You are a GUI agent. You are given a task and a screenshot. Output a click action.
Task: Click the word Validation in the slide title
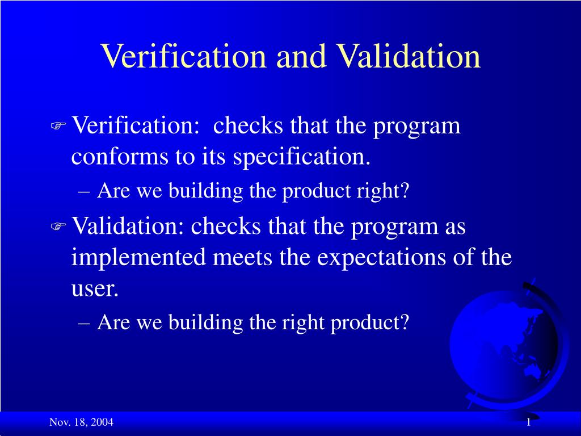point(408,56)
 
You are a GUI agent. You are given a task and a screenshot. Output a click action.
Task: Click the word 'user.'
point(95,289)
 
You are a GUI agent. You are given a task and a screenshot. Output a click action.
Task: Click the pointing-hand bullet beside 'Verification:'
point(58,126)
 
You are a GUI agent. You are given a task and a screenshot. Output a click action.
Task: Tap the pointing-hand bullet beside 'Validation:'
point(58,227)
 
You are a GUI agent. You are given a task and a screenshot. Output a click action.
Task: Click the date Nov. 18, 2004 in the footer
point(81,422)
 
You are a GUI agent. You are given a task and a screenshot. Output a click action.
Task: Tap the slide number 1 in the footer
point(528,422)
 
